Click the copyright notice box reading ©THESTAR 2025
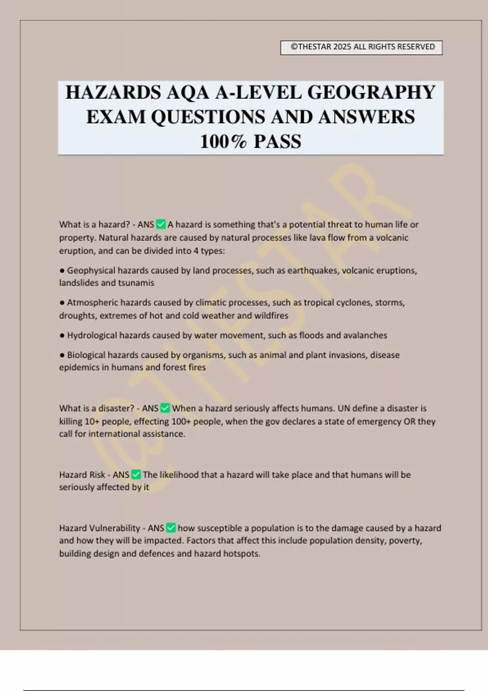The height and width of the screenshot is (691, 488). [361, 47]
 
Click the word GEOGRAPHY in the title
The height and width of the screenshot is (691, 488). [371, 92]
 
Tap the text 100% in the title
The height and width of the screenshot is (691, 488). [223, 141]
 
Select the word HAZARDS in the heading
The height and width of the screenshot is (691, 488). [113, 92]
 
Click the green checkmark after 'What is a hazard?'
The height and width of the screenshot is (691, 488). [161, 224]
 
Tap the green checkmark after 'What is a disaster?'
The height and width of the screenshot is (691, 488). [165, 408]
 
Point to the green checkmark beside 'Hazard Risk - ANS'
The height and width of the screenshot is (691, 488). [136, 475]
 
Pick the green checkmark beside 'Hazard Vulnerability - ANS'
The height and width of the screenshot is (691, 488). [171, 528]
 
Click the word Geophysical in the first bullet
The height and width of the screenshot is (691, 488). [91, 271]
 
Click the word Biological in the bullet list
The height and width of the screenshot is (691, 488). [86, 355]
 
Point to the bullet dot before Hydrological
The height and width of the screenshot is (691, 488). [62, 336]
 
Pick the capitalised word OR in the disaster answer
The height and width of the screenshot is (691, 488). [409, 422]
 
